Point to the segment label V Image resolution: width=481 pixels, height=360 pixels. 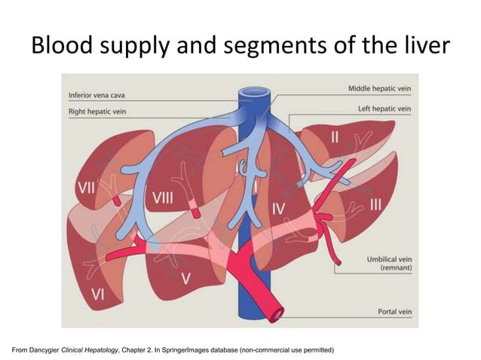[185, 278]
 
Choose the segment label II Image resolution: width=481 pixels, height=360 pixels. [335, 136]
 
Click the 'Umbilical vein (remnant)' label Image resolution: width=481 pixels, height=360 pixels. [388, 263]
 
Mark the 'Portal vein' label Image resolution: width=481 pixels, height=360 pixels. [394, 311]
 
